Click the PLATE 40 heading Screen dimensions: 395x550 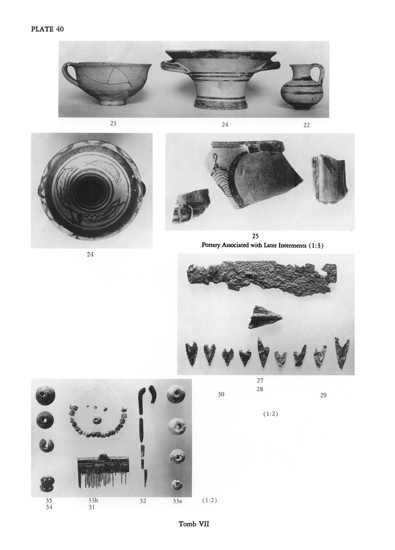47,29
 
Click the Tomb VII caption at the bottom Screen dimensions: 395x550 194,524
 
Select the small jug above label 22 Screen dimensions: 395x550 304,86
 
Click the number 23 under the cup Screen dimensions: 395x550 113,124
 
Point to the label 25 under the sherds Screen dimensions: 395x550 255,236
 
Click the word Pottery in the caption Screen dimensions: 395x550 211,245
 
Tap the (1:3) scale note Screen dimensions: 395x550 316,245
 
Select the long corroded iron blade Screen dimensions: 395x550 262,278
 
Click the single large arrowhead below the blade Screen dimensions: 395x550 265,317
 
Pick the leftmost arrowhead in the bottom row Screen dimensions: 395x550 192,353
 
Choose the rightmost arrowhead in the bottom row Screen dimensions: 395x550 341,352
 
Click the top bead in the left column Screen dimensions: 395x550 45,395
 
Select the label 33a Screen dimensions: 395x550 177,501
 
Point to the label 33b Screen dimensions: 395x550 93,501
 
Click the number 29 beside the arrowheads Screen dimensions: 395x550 323,395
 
